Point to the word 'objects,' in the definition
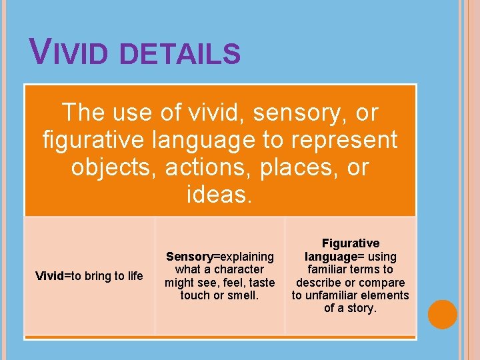(x=114, y=167)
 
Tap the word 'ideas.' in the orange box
(x=220, y=195)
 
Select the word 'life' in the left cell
(x=134, y=276)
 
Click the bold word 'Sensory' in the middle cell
(x=189, y=257)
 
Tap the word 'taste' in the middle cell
(x=261, y=282)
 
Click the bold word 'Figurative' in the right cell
(x=351, y=243)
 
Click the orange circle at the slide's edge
(x=443, y=315)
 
